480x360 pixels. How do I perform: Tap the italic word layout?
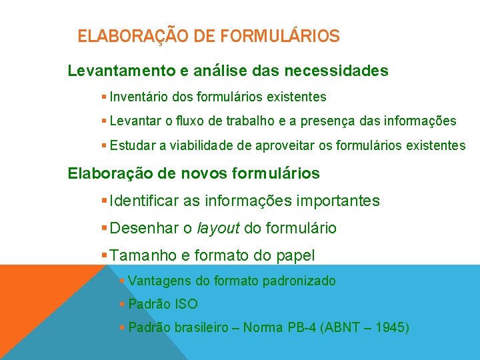[219, 228]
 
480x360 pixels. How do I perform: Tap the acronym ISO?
[186, 304]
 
